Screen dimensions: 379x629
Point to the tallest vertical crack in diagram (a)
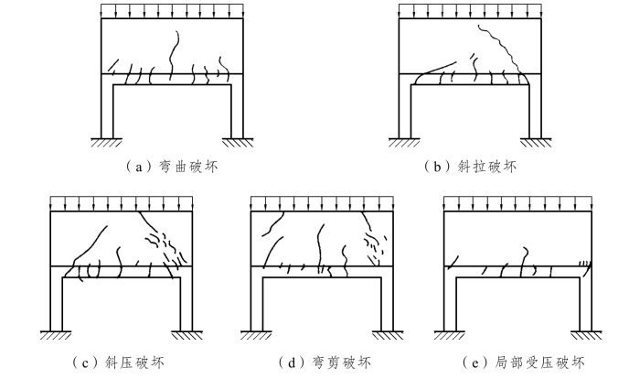[173, 50]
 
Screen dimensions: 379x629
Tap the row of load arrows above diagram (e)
[516, 203]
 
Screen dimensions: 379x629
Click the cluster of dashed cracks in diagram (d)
[376, 240]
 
